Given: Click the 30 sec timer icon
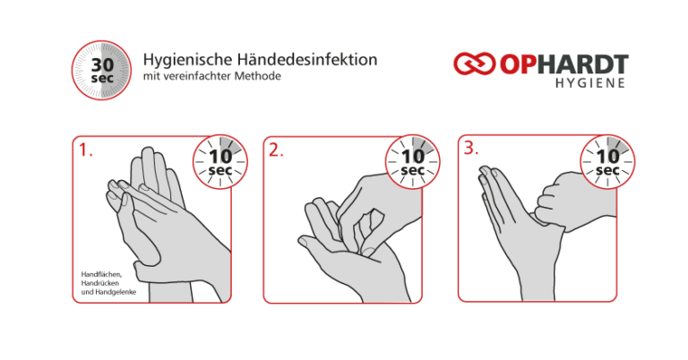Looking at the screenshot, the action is (101, 70).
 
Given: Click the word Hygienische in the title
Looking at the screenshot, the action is (188, 60).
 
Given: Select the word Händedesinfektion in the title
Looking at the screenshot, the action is (307, 59).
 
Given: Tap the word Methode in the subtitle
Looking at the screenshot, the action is (257, 76).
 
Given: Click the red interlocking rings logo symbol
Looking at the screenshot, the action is (474, 64).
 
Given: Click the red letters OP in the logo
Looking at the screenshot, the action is (518, 64).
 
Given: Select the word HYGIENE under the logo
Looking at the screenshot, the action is (590, 83).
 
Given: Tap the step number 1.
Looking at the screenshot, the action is (86, 150).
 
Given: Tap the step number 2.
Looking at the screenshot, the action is (276, 150).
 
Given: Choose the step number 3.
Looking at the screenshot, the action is (471, 149).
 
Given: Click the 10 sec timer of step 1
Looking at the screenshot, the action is (220, 162).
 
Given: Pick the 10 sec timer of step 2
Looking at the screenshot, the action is (412, 162).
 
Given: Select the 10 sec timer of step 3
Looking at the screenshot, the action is (607, 162).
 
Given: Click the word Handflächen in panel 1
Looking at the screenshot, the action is (101, 275).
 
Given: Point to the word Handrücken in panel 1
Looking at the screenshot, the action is (100, 283).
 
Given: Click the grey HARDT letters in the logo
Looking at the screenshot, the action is (583, 64).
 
